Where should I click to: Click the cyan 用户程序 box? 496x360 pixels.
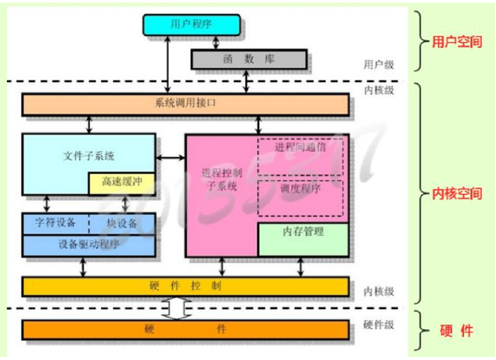point(192,24)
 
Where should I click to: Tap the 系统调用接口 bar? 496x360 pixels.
point(185,103)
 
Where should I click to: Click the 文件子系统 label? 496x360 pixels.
point(83,155)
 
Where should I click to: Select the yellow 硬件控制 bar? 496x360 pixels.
point(185,286)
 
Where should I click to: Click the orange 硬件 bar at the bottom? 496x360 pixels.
point(185,329)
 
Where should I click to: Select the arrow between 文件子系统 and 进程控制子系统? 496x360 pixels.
point(170,159)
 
